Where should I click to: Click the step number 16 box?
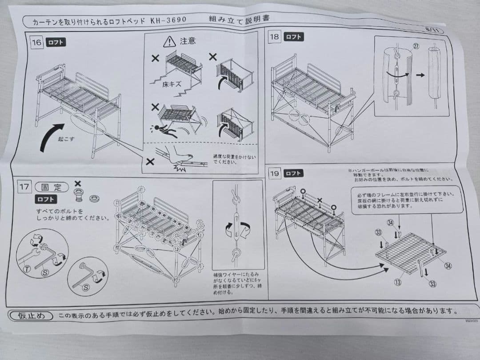(x=37, y=43)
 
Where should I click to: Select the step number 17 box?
(x=24, y=187)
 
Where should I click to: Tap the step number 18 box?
(x=275, y=37)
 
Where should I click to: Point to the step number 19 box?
(x=275, y=173)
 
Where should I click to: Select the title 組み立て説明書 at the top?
(x=239, y=19)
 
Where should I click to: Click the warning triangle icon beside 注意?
(x=169, y=42)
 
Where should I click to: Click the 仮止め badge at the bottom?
(x=31, y=316)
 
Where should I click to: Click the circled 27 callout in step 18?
(x=416, y=46)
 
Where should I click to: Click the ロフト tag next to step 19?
(x=293, y=173)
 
